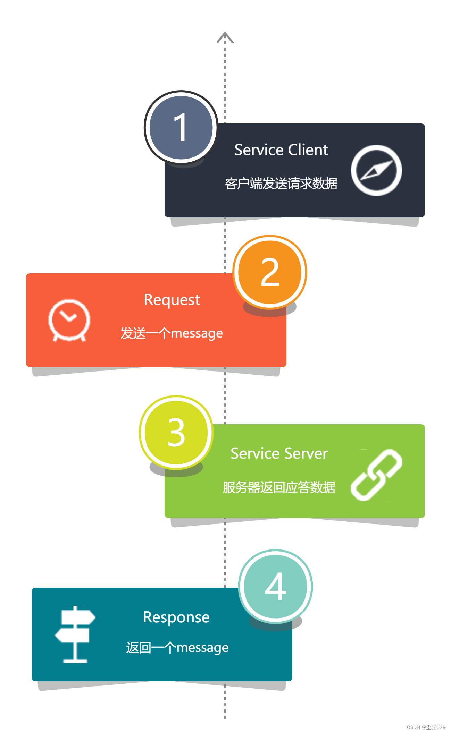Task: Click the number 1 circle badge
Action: click(x=181, y=127)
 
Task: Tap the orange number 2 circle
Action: click(x=270, y=272)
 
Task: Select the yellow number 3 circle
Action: click(x=176, y=432)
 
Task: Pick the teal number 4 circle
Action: click(x=275, y=586)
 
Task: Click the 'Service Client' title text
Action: click(x=281, y=150)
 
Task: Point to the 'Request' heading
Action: click(x=172, y=300)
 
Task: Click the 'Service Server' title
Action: click(x=279, y=453)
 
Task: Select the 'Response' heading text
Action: click(x=176, y=617)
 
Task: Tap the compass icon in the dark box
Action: click(x=376, y=170)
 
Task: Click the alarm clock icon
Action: click(x=69, y=320)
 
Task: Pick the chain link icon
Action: click(x=376, y=475)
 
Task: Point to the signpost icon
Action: click(x=75, y=634)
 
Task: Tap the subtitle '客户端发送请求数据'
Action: click(x=281, y=184)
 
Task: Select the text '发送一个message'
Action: click(x=172, y=333)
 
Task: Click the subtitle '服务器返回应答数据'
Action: click(x=279, y=487)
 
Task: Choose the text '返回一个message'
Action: click(x=177, y=648)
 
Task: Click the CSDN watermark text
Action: click(x=426, y=727)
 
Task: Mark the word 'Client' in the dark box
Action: click(x=308, y=150)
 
